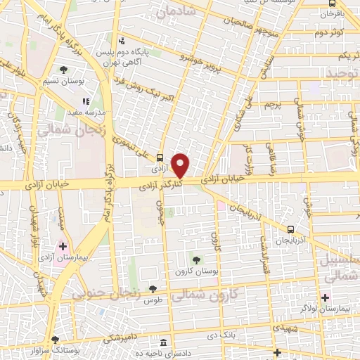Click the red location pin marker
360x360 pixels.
pyautogui.click(x=181, y=165)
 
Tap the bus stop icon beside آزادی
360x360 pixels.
pyautogui.click(x=160, y=158)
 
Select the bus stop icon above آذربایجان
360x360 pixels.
pyautogui.click(x=290, y=229)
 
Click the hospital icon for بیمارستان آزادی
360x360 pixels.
pyautogui.click(x=63, y=247)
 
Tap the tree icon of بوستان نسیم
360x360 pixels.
pyautogui.click(x=64, y=70)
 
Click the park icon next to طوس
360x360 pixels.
pyautogui.click(x=152, y=289)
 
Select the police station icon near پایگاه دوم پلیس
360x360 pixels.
pyautogui.click(x=122, y=41)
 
